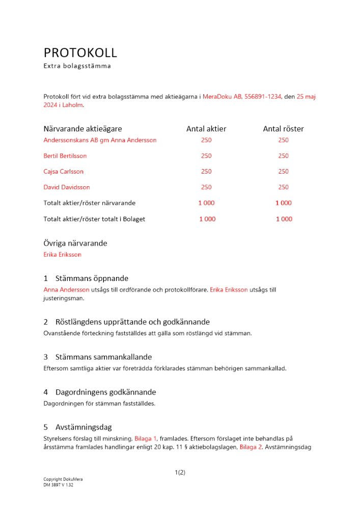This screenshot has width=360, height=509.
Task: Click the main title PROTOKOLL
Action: pyautogui.click(x=80, y=52)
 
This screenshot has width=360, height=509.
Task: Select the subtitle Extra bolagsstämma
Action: pyautogui.click(x=77, y=66)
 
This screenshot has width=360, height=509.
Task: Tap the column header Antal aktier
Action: pyautogui.click(x=206, y=129)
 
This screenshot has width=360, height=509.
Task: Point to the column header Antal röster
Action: pyautogui.click(x=283, y=129)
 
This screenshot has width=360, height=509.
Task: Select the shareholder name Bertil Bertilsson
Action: pyautogui.click(x=65, y=156)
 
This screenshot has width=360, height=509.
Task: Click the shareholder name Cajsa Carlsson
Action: pyautogui.click(x=64, y=172)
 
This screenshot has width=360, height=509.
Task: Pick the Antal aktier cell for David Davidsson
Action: pyautogui.click(x=206, y=187)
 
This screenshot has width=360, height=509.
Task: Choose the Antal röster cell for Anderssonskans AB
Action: pyautogui.click(x=283, y=140)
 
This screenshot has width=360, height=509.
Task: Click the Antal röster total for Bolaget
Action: pyautogui.click(x=284, y=219)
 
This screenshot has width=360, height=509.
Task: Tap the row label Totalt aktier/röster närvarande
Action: pyautogui.click(x=90, y=203)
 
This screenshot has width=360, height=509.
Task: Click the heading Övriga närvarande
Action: pyautogui.click(x=75, y=243)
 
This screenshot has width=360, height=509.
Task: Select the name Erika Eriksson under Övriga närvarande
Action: pyautogui.click(x=62, y=254)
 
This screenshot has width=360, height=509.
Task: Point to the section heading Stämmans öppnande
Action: pyautogui.click(x=92, y=278)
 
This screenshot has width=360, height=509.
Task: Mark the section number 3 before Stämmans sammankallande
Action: pyautogui.click(x=46, y=357)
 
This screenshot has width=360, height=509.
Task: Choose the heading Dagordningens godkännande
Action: pyautogui.click(x=105, y=392)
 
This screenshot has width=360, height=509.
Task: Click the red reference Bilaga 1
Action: pyautogui.click(x=146, y=438)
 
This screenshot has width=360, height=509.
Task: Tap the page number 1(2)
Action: pyautogui.click(x=180, y=472)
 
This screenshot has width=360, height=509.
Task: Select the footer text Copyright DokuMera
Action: pyautogui.click(x=63, y=479)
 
